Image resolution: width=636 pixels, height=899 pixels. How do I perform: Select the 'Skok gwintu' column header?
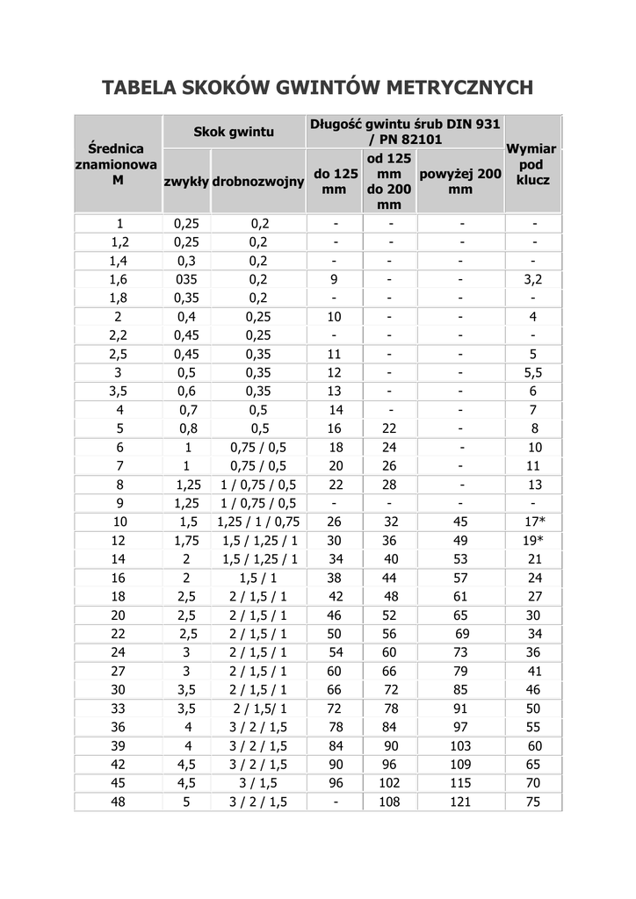click(234, 133)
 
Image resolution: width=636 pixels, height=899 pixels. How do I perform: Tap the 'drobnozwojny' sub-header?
click(257, 182)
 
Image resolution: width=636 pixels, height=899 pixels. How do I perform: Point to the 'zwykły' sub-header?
click(185, 182)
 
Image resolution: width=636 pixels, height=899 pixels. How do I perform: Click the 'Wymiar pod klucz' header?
click(532, 164)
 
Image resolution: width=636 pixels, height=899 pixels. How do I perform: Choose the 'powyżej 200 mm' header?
click(460, 181)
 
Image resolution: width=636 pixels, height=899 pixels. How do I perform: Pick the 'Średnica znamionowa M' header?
click(117, 164)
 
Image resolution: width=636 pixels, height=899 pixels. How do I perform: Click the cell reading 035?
click(185, 279)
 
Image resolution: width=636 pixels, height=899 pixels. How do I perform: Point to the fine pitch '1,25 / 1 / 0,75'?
click(257, 521)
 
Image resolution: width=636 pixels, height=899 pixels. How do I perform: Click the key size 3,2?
click(533, 279)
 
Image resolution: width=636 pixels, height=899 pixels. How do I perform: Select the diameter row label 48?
click(119, 802)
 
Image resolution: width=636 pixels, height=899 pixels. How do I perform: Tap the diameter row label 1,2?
click(119, 241)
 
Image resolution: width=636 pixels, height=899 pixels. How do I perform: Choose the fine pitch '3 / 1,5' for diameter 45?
click(257, 783)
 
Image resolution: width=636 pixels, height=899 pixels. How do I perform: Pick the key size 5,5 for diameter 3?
click(533, 372)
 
